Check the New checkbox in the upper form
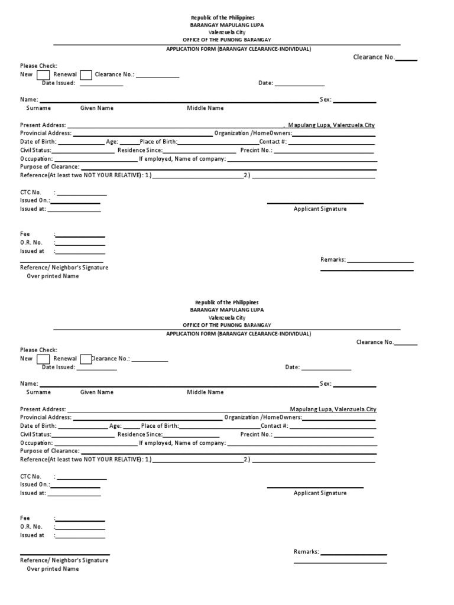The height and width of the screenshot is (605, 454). coord(43,75)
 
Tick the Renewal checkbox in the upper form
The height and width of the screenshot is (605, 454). coord(86,75)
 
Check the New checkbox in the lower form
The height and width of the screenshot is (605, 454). coord(43,359)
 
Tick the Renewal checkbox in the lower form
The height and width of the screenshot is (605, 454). coord(86,359)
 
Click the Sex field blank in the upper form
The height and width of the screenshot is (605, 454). coord(355,101)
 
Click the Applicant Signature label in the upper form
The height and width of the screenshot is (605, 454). coord(320,209)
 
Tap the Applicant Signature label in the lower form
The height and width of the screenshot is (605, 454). coord(320,493)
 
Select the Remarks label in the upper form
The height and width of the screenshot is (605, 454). coord(333,260)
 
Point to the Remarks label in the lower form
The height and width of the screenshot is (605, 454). coord(306,552)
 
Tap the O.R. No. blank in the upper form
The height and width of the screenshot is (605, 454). coord(80,243)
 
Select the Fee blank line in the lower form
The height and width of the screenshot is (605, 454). coord(80,519)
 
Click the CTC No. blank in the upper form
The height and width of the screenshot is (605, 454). coord(82,193)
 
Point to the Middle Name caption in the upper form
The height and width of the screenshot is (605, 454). coord(205,108)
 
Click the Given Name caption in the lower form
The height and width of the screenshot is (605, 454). coord(97,392)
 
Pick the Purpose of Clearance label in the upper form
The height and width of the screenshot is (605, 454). coord(50,167)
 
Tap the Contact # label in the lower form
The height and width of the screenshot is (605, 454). coord(274,426)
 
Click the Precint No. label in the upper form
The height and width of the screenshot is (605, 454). coord(256,151)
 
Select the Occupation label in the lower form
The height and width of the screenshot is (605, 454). coord(36,443)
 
